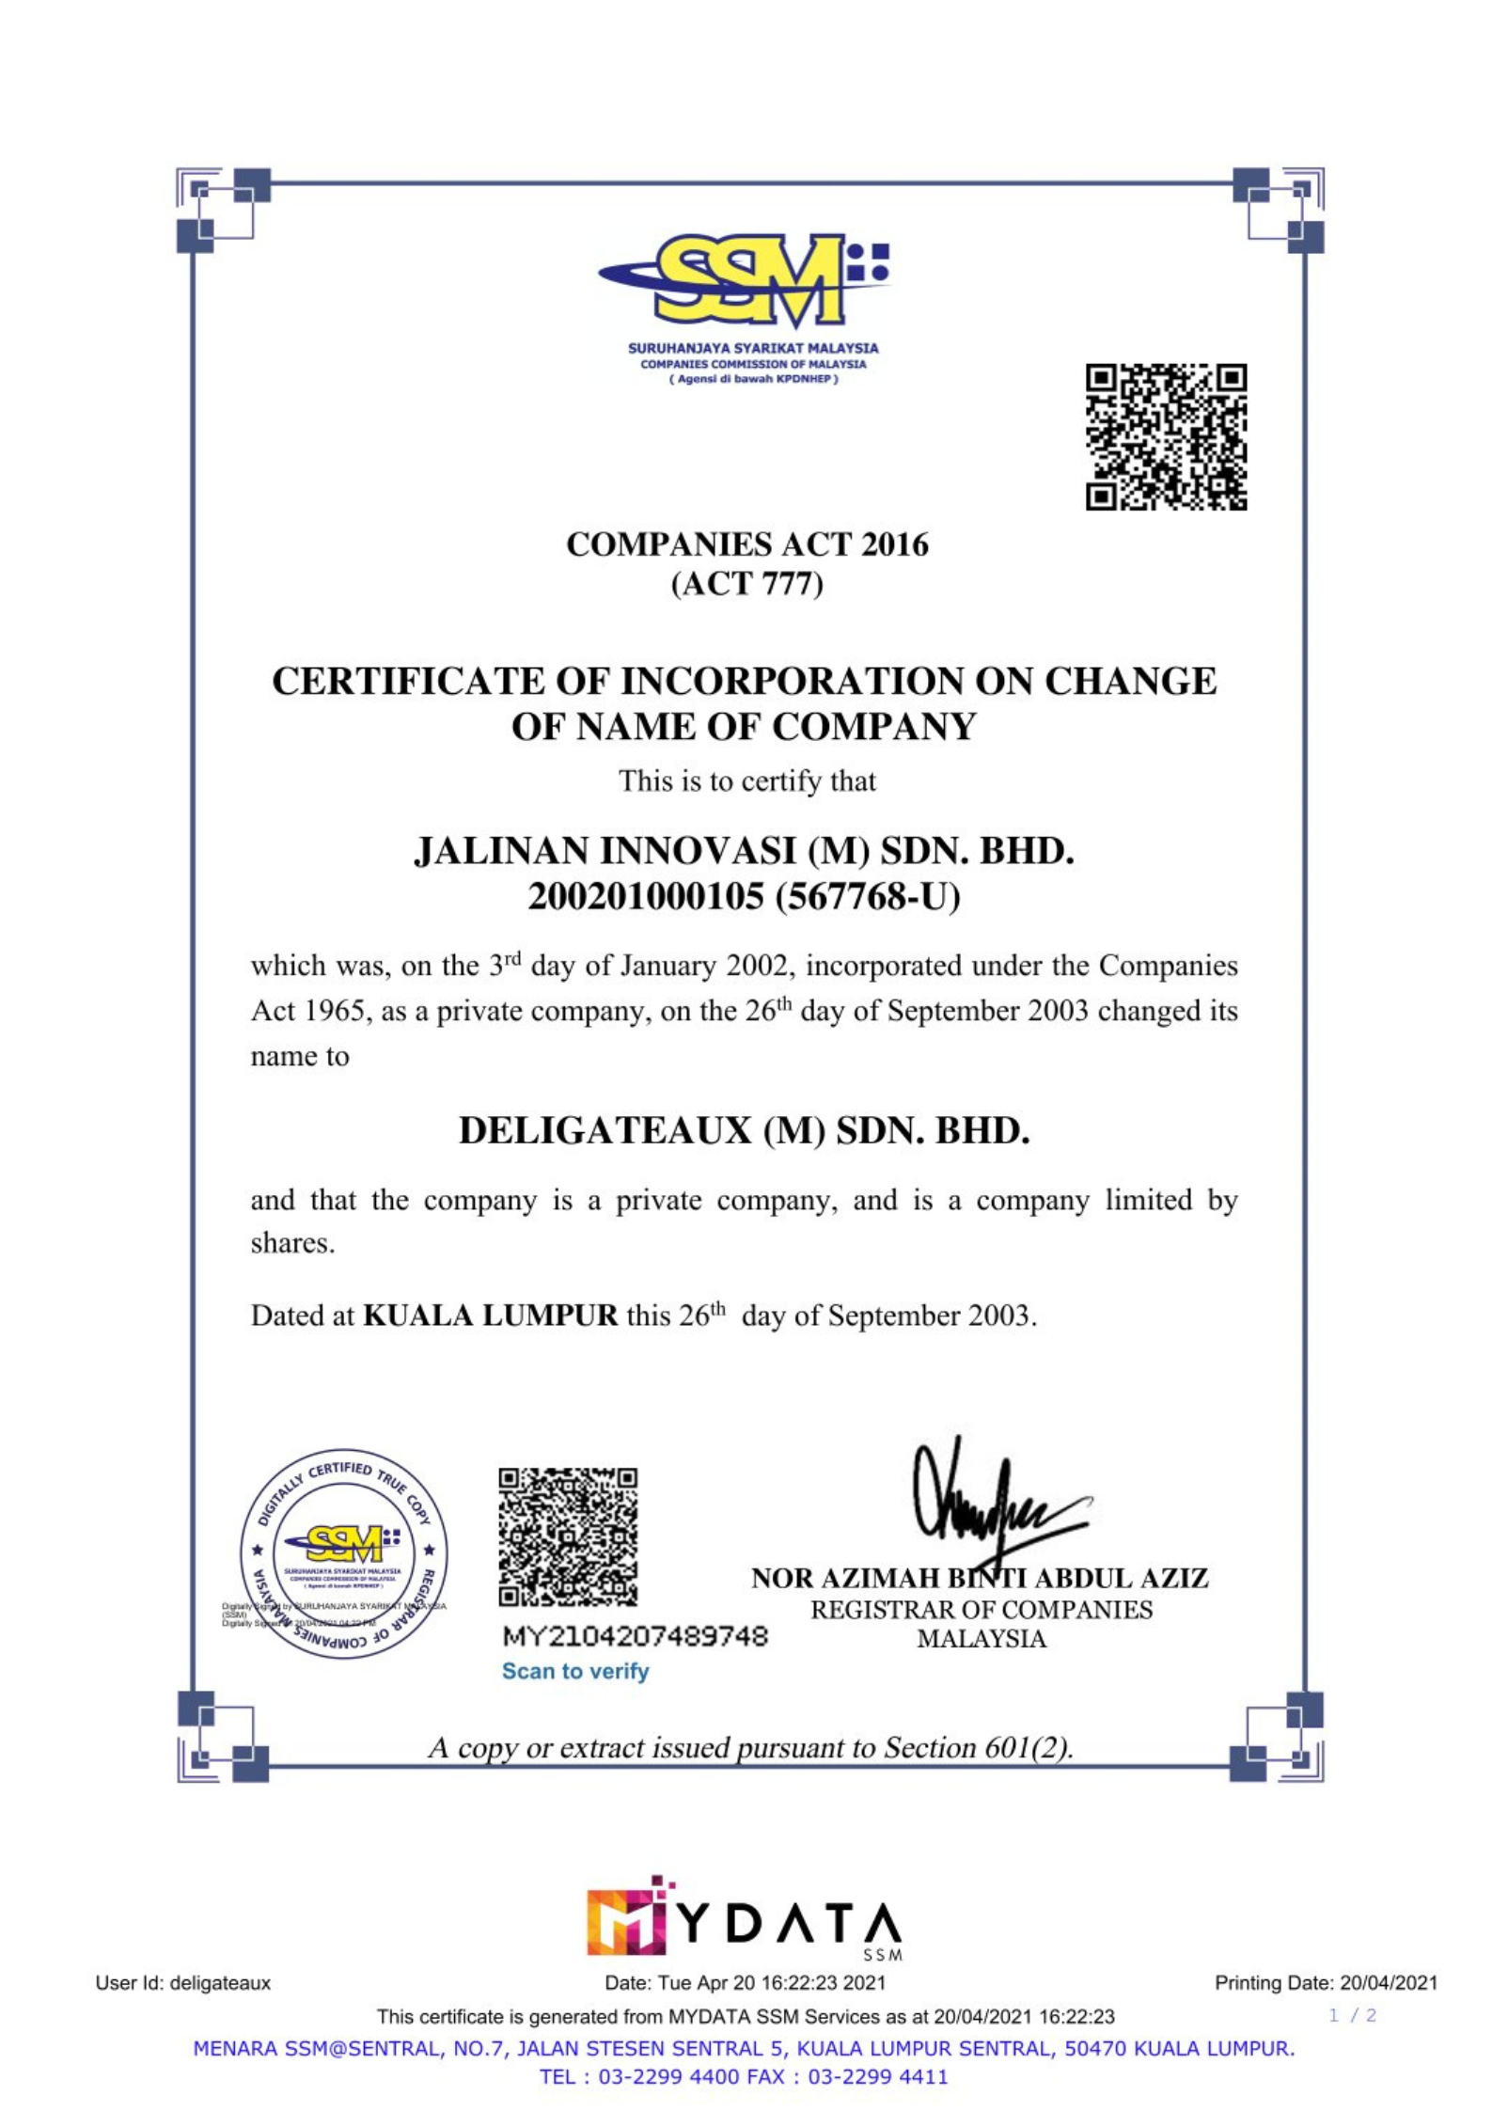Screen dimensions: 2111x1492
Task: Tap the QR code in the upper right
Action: tap(1166, 437)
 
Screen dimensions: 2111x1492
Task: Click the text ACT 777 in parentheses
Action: tap(746, 584)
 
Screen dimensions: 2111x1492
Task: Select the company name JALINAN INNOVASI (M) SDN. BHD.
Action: tap(745, 851)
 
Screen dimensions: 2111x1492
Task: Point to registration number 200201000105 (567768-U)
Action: tap(745, 896)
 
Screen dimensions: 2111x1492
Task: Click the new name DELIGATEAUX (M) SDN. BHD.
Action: tap(745, 1130)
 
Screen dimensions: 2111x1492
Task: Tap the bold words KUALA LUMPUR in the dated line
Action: tap(490, 1315)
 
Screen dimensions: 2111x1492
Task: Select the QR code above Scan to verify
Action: tap(568, 1536)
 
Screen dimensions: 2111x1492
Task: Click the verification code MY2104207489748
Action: tap(636, 1636)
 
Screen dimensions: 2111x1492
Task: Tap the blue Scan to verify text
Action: tap(575, 1671)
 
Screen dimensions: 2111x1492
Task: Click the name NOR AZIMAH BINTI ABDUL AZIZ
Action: tap(980, 1578)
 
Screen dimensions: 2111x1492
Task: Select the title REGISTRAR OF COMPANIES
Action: tap(982, 1610)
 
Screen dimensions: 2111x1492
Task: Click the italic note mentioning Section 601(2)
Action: tap(750, 1747)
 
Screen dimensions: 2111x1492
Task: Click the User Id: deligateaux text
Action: tap(183, 1983)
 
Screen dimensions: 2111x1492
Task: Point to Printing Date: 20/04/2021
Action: tap(1326, 1983)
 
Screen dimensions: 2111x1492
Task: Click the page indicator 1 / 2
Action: tap(1352, 2015)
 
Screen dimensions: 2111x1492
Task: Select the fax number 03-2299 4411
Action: tap(877, 2076)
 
